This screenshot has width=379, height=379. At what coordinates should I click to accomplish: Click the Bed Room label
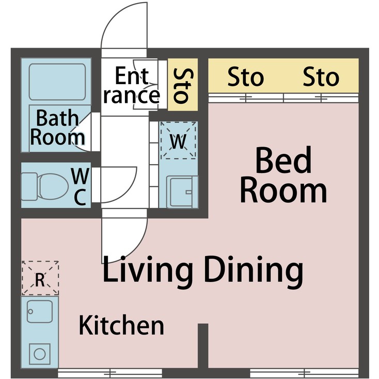click(283, 176)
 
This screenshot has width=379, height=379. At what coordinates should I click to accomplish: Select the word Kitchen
click(121, 326)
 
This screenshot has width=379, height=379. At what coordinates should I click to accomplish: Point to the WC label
click(80, 186)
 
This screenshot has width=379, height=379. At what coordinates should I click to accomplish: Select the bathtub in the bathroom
click(57, 82)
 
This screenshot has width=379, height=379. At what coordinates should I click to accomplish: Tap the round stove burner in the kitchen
click(40, 354)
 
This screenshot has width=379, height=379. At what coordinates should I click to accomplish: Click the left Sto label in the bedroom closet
click(246, 77)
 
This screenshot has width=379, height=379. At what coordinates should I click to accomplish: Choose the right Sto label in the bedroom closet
click(321, 77)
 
